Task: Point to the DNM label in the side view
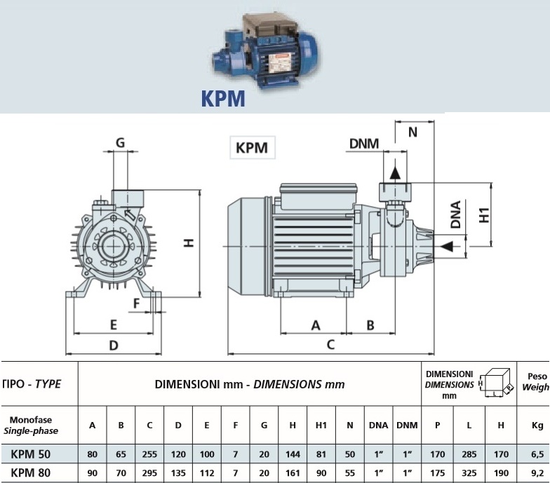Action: [x=363, y=144]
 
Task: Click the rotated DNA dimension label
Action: [x=456, y=215]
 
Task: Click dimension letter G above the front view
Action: [x=120, y=142]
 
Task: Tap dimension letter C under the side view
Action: [x=330, y=344]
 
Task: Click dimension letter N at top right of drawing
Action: [x=412, y=132]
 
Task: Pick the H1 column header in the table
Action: [x=321, y=424]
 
